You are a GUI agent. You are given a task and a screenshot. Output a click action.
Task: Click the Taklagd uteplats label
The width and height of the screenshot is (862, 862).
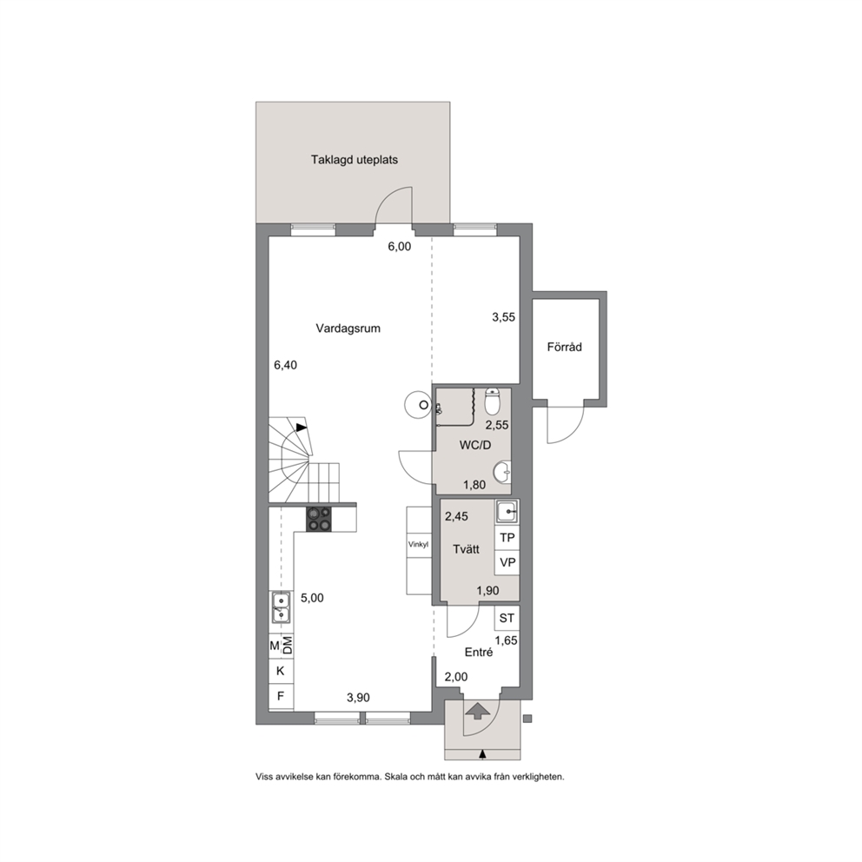[354, 160]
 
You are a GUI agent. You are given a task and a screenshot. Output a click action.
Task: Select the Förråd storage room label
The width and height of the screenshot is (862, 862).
[564, 347]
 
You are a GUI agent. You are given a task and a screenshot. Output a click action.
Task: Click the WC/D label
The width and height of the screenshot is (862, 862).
[475, 445]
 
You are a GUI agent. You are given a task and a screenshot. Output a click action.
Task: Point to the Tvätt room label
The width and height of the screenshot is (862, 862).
[466, 549]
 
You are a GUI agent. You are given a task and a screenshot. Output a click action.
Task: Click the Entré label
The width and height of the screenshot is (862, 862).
[479, 652]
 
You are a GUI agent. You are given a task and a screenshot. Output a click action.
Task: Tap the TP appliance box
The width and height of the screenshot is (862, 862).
[507, 537]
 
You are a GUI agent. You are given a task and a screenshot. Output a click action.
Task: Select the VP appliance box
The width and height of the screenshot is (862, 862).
[507, 562]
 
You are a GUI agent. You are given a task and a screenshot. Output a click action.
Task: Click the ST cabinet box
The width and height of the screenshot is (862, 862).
[507, 619]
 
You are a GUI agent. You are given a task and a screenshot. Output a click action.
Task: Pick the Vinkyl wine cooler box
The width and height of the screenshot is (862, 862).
[418, 545]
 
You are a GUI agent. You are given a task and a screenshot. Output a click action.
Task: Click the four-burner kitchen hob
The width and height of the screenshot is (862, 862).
[320, 519]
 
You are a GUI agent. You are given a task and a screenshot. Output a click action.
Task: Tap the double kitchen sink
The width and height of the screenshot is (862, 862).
[281, 607]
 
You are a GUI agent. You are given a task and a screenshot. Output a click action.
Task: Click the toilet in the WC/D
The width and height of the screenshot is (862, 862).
[492, 401]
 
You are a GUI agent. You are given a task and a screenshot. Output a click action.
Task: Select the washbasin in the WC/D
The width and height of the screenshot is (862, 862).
[502, 472]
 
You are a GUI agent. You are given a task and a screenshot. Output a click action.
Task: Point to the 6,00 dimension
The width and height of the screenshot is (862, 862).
[400, 247]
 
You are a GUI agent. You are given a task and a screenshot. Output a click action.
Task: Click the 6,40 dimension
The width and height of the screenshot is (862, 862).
[285, 365]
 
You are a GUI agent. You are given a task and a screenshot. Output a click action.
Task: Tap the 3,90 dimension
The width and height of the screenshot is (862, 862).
[358, 698]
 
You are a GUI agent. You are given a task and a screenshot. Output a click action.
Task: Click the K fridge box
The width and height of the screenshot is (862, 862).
[281, 671]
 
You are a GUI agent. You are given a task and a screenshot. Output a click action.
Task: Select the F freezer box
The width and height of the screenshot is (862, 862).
[281, 697]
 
